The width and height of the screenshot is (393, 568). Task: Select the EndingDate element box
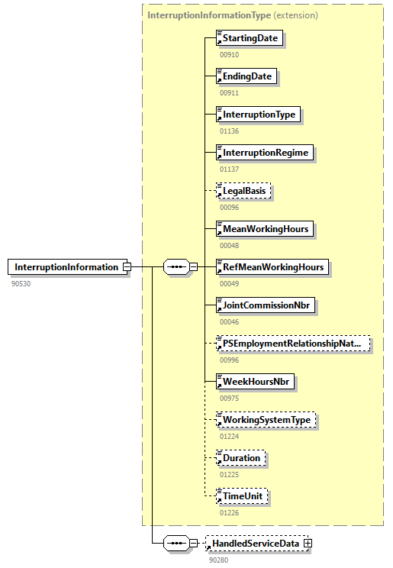coord(246,76)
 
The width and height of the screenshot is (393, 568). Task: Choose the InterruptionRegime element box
coord(265,153)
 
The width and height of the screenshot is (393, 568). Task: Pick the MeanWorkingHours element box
coord(265,229)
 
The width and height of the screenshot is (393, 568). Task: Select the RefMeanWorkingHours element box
coord(272,267)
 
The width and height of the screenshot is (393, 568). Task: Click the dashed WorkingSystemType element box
coord(266,420)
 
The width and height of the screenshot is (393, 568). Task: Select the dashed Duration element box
coord(242,458)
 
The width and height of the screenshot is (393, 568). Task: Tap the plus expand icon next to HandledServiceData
coord(308,544)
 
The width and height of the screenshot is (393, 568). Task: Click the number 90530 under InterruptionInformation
coord(21,284)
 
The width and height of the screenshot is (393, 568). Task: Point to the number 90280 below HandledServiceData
coord(219,560)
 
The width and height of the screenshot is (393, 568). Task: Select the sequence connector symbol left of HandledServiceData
coord(177,544)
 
